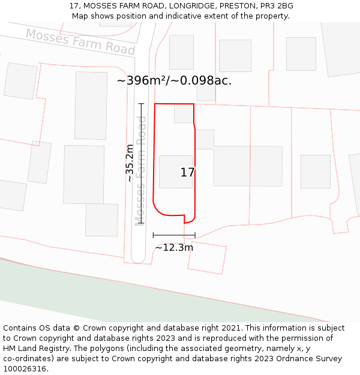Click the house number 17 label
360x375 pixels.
point(187,172)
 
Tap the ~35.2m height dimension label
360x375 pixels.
point(130,163)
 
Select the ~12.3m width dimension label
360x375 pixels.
point(174,247)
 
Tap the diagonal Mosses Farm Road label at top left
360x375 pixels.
point(80,41)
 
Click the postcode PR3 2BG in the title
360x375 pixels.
point(273,6)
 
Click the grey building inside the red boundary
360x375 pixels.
point(175,172)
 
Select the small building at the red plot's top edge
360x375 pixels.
point(184,113)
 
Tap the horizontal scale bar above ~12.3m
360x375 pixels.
point(174,235)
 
